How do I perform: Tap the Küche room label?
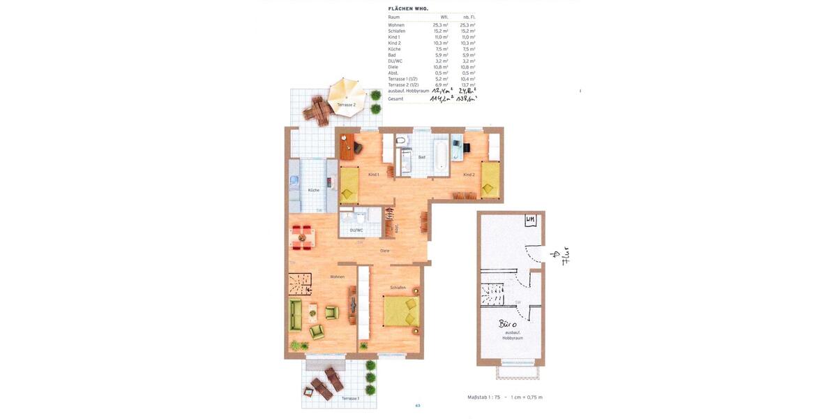point(314,190)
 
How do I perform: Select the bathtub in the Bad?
point(440,155)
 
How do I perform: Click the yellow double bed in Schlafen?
point(402,311)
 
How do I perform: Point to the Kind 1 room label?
point(373,175)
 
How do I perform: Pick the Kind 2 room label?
point(469,175)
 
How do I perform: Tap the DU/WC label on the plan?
point(356,230)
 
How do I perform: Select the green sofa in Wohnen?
point(296,314)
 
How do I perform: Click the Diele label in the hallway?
point(384,251)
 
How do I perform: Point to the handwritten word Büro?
point(508,324)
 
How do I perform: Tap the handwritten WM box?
point(531,221)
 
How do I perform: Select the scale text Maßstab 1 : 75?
point(483,397)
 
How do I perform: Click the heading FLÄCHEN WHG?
point(408,8)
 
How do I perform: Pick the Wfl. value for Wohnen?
point(440,25)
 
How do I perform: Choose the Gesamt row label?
point(395,99)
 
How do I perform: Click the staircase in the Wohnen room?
point(300,284)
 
